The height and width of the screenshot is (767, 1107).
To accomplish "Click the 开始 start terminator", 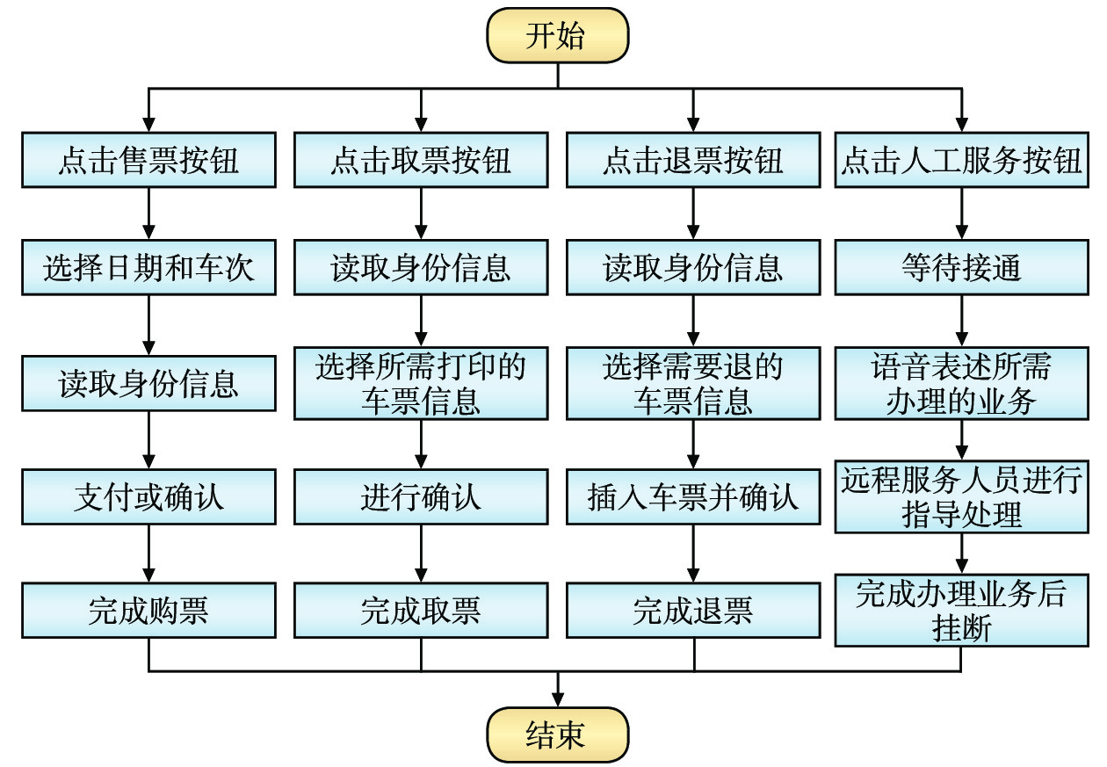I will point(557,36).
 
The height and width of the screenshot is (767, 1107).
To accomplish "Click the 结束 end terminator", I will point(557,734).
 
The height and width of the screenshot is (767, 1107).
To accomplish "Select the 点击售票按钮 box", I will point(148,161).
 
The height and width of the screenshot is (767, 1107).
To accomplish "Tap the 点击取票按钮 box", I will point(421,161).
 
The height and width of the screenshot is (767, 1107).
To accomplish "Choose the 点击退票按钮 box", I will point(693,161).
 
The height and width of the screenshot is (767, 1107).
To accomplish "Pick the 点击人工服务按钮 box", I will point(961,161).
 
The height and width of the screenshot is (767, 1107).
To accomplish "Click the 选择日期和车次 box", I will point(148,268).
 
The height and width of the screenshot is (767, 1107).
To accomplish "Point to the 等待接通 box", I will point(961,268).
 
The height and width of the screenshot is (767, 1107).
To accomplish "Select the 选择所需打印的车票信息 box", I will point(421,383).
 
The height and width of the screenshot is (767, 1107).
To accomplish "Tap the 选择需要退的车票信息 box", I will point(693,383).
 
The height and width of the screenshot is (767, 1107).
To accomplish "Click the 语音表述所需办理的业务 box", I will point(961,383).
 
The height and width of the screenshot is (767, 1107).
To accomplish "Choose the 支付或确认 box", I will point(148,497).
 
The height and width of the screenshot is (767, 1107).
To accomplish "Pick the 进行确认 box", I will point(421,497).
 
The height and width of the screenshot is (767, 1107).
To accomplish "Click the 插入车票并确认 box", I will point(693,497).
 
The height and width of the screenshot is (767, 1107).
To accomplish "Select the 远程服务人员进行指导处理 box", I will point(961,497).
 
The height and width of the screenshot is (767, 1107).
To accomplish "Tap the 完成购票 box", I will point(148,611).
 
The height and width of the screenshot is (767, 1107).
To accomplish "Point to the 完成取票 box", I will point(421,611).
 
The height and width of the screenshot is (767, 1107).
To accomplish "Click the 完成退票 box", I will point(693,611).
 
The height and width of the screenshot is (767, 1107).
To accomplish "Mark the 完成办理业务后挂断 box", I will point(961,611).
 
